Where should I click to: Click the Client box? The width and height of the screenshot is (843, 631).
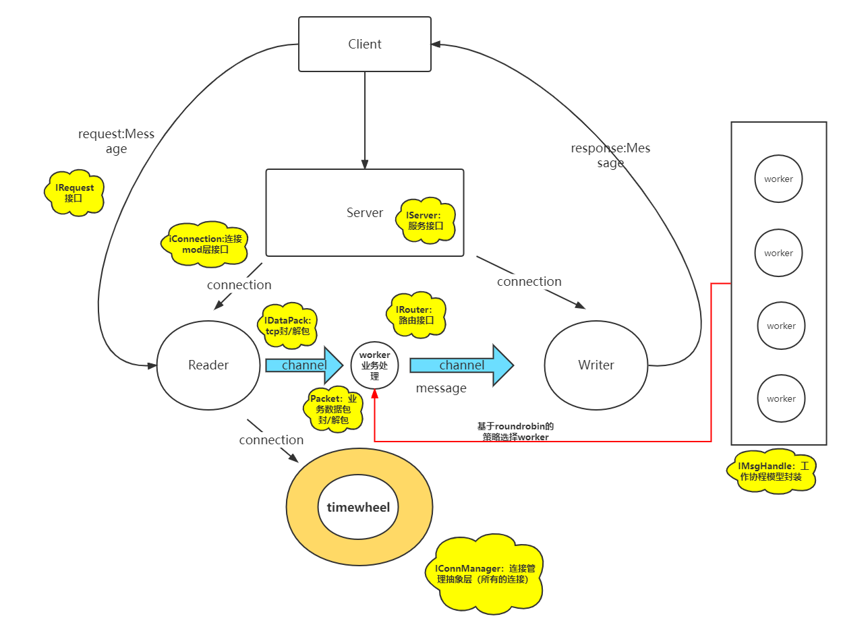pyautogui.click(x=365, y=44)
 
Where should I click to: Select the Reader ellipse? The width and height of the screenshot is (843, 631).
pyautogui.click(x=208, y=365)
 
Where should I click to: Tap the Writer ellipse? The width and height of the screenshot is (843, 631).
pyautogui.click(x=596, y=365)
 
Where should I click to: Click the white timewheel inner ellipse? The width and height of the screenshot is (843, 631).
pyautogui.click(x=359, y=508)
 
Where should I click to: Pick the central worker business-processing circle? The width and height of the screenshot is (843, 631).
pyautogui.click(x=374, y=365)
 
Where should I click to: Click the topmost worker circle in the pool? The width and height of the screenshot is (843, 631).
pyautogui.click(x=778, y=179)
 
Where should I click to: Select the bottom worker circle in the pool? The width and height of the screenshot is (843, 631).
pyautogui.click(x=781, y=398)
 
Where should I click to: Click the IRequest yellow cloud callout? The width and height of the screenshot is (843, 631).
pyautogui.click(x=74, y=192)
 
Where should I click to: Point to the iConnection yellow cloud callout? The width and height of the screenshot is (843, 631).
pyautogui.click(x=205, y=244)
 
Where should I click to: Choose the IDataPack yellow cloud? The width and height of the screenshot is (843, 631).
pyautogui.click(x=288, y=326)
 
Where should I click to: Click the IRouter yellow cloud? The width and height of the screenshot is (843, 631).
pyautogui.click(x=415, y=315)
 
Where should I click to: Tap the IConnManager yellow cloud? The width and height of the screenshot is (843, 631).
pyautogui.click(x=484, y=573)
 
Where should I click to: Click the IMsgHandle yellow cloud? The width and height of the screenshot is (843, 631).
pyautogui.click(x=772, y=471)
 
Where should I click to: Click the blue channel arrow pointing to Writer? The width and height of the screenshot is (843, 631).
pyautogui.click(x=462, y=365)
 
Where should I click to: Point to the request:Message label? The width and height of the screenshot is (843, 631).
pyautogui.click(x=116, y=142)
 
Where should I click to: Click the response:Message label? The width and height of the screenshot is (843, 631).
pyautogui.click(x=610, y=155)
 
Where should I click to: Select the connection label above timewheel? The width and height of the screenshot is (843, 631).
pyautogui.click(x=271, y=440)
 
